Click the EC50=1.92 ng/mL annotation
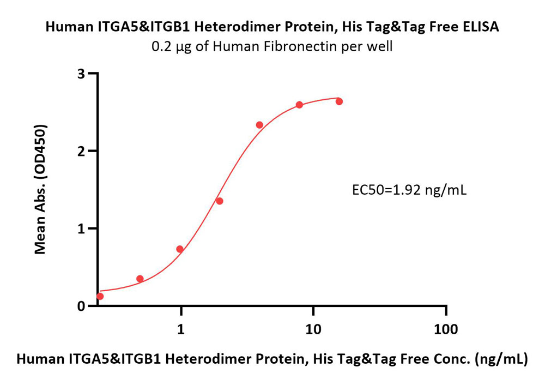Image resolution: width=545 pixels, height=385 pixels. click(x=409, y=190)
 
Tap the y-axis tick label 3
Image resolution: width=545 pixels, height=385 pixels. click(x=81, y=74)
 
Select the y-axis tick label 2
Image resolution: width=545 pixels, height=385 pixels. click(x=81, y=151)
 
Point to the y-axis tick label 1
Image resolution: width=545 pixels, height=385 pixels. click(x=81, y=229)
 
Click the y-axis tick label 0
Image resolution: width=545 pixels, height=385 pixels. click(x=81, y=306)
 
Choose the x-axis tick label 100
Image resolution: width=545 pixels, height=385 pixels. click(x=446, y=329)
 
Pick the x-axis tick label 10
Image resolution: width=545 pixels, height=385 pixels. click(x=313, y=329)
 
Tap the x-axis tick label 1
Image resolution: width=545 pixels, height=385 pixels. click(x=181, y=329)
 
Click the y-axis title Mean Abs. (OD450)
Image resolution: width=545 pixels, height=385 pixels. click(x=40, y=189)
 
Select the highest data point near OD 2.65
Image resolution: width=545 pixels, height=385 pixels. click(x=339, y=101)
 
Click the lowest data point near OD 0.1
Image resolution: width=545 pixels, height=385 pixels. click(x=100, y=296)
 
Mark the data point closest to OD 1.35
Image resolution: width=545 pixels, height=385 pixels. click(x=219, y=201)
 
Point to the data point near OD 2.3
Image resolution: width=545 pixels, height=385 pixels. click(x=259, y=125)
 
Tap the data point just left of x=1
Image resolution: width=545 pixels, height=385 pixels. click(x=180, y=249)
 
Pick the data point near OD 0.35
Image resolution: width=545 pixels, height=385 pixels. click(x=140, y=279)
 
